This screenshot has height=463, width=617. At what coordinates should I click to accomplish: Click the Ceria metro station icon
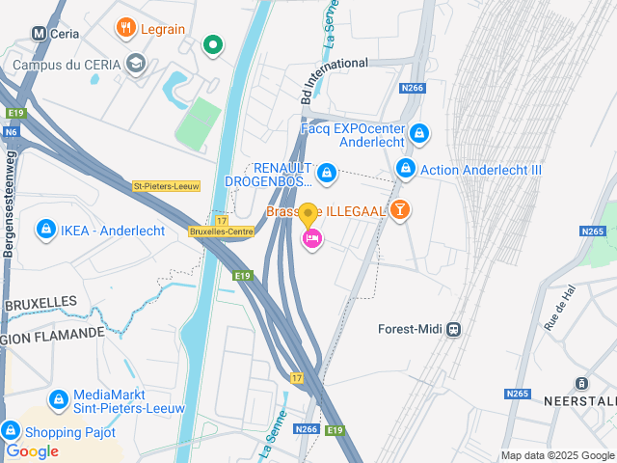tap(40, 33)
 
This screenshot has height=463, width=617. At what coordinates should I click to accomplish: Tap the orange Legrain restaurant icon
tap(125, 28)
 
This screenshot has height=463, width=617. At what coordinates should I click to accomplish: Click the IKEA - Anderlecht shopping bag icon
tap(44, 230)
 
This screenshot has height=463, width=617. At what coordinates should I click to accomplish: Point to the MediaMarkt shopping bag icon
tap(58, 398)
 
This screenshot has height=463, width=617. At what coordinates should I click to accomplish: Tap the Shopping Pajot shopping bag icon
tap(11, 430)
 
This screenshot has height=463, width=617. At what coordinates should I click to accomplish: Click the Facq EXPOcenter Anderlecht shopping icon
tap(418, 132)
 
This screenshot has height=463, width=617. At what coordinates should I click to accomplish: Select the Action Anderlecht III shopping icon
tap(406, 169)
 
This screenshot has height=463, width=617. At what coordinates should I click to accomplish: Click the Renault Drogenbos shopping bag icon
tap(327, 173)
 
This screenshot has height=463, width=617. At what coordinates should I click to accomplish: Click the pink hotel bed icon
tap(311, 238)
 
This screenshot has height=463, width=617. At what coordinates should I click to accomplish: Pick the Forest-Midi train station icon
tap(453, 329)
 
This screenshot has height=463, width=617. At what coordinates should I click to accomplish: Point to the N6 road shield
tap(11, 132)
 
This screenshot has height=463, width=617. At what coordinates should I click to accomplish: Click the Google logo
tap(33, 451)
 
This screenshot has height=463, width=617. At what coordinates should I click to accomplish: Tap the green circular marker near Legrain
tap(213, 43)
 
